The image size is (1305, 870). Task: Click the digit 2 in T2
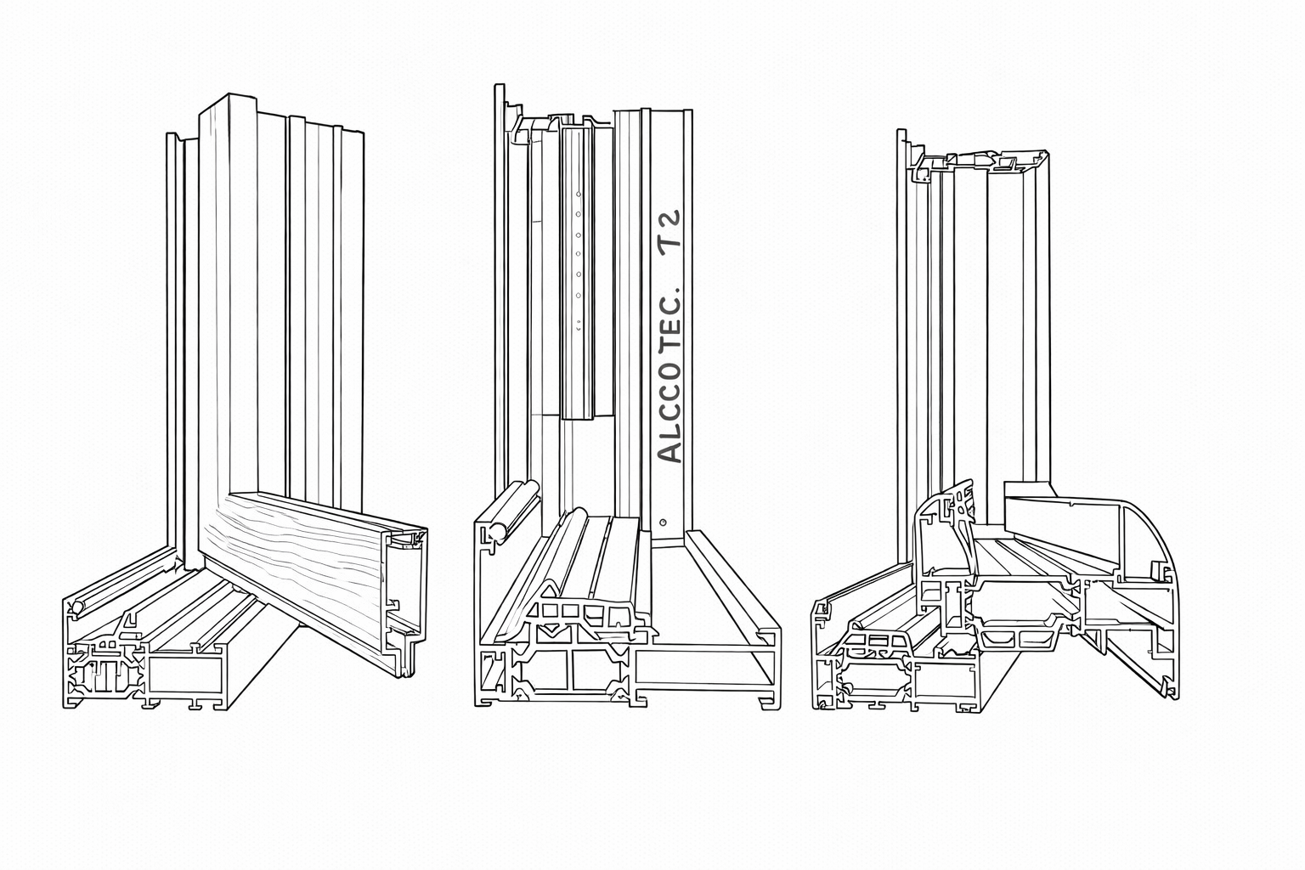coord(671,219)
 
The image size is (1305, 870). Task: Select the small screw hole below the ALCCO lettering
coord(663,522)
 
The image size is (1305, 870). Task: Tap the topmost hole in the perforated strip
coord(578,194)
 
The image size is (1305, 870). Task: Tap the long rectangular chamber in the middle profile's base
coord(705,667)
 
